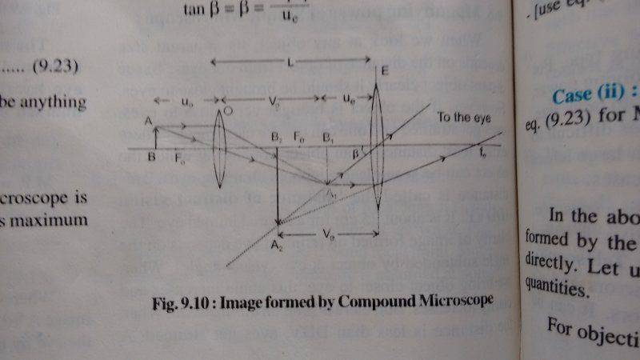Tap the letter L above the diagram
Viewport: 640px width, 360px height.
click(x=289, y=61)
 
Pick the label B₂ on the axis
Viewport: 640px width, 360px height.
click(x=275, y=137)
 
